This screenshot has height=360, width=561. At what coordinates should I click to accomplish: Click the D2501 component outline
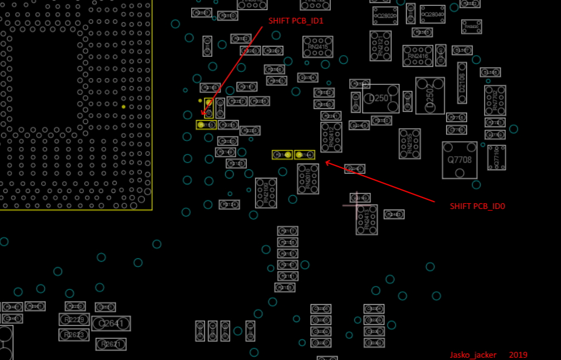tap(381, 98)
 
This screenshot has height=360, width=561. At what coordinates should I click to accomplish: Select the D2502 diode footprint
tap(430, 95)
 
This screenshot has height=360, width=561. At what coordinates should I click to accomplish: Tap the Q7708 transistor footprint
tap(459, 160)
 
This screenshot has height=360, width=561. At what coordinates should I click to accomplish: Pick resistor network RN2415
tap(318, 47)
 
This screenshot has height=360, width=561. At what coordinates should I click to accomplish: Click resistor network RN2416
tap(417, 56)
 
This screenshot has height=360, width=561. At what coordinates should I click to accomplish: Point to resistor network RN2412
tap(331, 137)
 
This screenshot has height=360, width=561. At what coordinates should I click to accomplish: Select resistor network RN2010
tap(308, 179)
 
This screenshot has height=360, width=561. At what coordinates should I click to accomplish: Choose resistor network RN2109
tap(266, 193)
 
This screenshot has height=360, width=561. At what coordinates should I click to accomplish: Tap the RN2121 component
tap(380, 45)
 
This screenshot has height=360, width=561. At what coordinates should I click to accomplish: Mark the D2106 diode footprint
tap(462, 79)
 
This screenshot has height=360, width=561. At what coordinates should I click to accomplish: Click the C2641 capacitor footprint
tap(111, 324)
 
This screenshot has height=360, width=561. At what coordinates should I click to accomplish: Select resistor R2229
tap(74, 319)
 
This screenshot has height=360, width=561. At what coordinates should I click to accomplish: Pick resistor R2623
tap(74, 335)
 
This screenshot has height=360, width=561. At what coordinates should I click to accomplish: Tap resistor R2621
tap(111, 344)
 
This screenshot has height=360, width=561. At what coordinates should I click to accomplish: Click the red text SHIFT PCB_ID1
tap(296, 21)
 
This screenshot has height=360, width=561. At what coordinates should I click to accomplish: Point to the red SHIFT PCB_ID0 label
tap(477, 206)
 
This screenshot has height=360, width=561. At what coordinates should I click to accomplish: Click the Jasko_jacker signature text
tap(473, 355)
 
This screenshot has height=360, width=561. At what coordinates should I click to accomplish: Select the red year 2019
tap(518, 355)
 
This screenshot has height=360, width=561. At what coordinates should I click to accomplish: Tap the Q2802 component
tap(385, 16)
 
